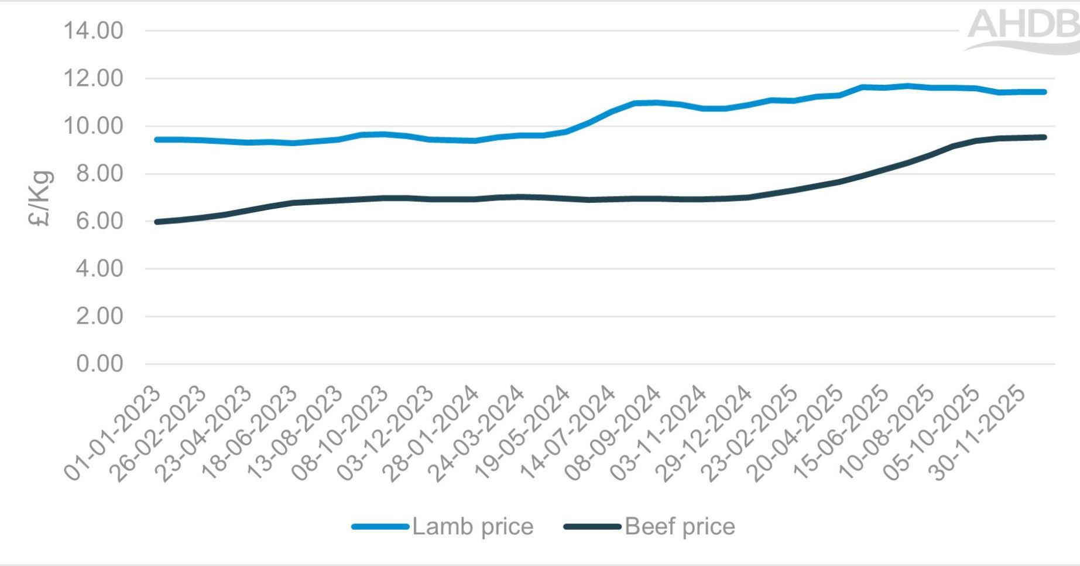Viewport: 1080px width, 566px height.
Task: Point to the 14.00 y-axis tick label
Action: click(x=94, y=30)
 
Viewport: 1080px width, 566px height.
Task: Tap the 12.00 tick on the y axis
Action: click(x=94, y=78)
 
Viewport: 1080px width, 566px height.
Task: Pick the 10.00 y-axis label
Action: click(x=94, y=126)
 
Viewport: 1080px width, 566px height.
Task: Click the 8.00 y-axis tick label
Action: click(x=100, y=174)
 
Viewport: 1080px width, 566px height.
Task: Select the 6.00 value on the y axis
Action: click(x=100, y=221)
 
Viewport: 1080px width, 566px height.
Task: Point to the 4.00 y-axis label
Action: click(x=100, y=269)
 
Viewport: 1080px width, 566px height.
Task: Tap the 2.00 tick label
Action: click(x=100, y=316)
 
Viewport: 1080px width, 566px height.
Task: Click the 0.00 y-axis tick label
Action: click(x=100, y=364)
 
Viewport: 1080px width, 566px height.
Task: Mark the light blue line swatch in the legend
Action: click(x=380, y=527)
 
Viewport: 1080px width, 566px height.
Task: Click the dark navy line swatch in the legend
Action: click(x=592, y=527)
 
